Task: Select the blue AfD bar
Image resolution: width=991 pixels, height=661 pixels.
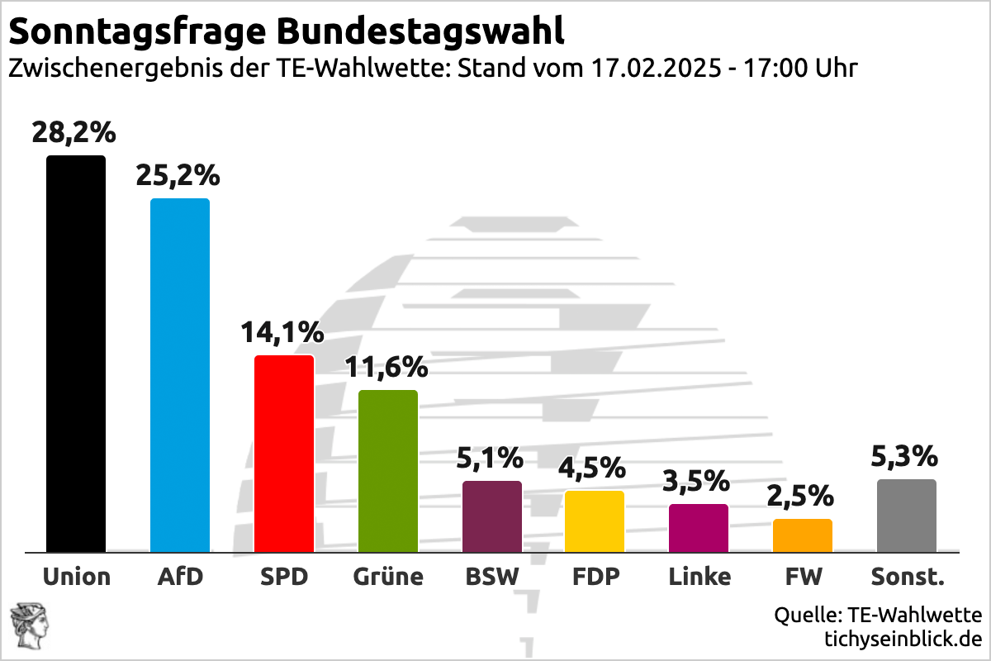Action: click(x=180, y=375)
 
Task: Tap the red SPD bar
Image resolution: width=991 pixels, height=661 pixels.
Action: click(x=284, y=454)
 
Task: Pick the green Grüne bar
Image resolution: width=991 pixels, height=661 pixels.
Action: click(x=388, y=471)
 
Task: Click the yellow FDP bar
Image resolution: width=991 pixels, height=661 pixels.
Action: click(x=595, y=521)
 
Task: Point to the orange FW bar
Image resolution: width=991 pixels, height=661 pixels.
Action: click(x=803, y=535)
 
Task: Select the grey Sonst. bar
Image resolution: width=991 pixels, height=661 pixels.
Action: click(x=907, y=516)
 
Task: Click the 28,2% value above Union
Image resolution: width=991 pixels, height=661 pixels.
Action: click(x=74, y=132)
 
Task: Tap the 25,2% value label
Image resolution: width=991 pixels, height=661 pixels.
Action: click(x=178, y=175)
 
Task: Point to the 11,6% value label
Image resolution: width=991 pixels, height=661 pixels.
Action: click(x=386, y=367)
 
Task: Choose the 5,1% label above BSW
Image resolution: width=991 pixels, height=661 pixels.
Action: click(x=491, y=457)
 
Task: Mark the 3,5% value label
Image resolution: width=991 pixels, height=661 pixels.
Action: click(x=699, y=481)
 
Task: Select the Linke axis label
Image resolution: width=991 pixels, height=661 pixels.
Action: click(x=699, y=576)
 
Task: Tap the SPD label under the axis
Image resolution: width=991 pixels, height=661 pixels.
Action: click(x=283, y=576)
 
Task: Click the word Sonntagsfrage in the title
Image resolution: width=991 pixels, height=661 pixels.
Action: click(x=136, y=31)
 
